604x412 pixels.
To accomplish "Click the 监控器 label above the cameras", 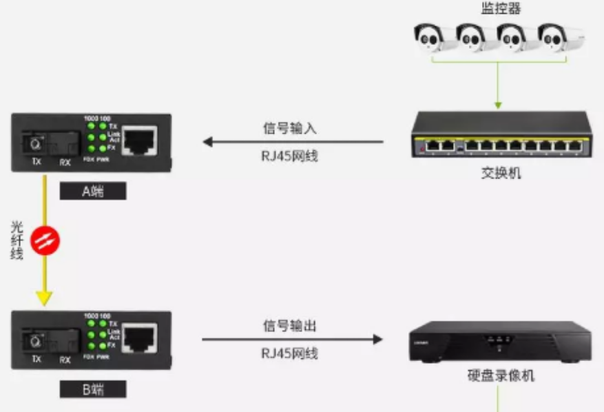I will point(501,8).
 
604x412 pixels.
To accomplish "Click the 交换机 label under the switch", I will point(501,172).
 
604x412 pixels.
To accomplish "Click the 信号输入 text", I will point(289,128).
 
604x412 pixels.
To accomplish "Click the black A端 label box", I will point(93,191).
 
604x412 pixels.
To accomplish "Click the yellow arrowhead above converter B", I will point(44,298).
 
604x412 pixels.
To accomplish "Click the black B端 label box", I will point(93,389).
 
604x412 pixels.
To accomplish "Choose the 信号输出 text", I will point(289,325).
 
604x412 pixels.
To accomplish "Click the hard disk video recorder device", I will point(500,341).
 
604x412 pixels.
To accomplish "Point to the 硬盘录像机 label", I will point(500,376).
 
